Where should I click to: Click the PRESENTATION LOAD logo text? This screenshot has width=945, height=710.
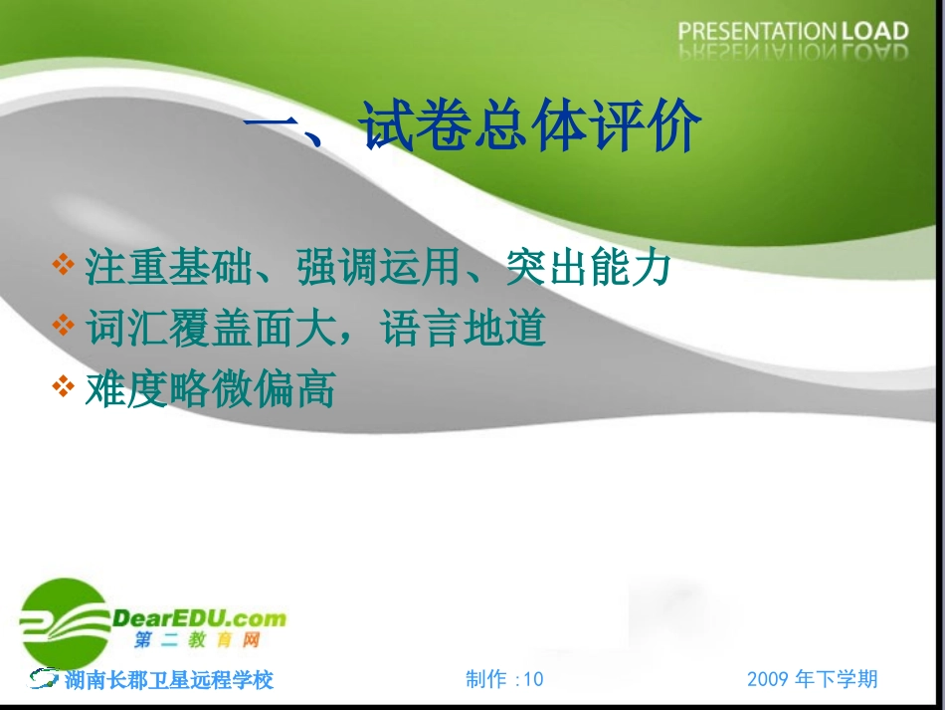[x=793, y=32]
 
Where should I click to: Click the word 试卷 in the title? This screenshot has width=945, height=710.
[x=416, y=127]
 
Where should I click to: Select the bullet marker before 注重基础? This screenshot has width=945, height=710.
[x=64, y=266]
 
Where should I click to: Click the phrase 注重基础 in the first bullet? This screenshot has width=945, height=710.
[x=168, y=268]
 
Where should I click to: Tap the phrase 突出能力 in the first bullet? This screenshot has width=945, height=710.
[x=589, y=268]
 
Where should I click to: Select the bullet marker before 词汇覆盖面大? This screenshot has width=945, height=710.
[x=64, y=327]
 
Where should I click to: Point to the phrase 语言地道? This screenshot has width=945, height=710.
[x=464, y=329]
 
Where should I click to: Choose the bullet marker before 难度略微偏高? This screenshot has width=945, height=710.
[x=64, y=387]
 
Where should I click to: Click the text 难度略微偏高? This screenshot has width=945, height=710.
[x=210, y=389]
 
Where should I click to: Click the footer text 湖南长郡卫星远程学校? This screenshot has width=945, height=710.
[x=169, y=680]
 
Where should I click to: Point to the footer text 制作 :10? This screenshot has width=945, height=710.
[x=504, y=679]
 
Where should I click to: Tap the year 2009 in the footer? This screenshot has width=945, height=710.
[x=768, y=679]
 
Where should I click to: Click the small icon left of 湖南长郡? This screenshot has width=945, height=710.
[x=44, y=679]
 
